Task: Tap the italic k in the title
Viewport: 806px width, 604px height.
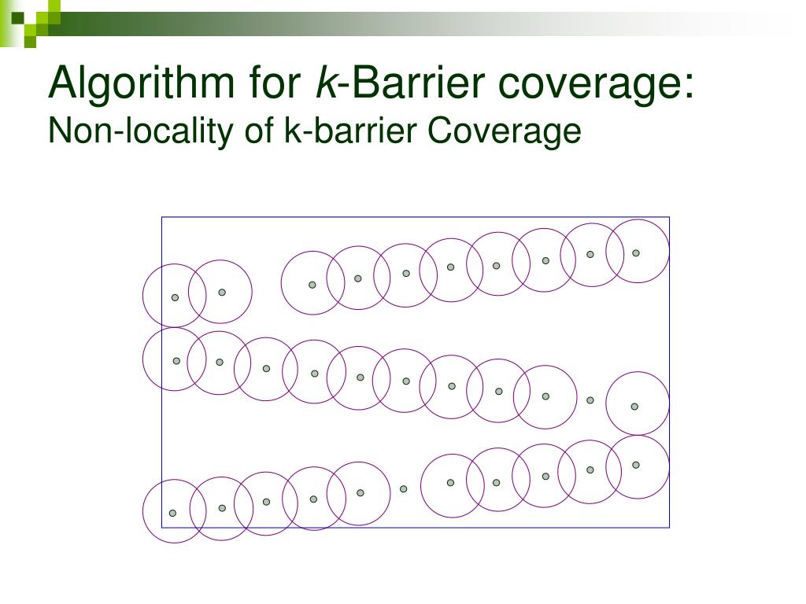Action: [x=324, y=83]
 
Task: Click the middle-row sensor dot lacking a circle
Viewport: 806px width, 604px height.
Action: [x=590, y=400]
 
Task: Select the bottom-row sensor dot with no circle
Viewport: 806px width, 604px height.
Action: [x=404, y=489]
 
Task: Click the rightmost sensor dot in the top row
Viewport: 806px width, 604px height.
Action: [x=636, y=253]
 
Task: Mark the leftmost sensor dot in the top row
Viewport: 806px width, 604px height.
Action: [x=176, y=297]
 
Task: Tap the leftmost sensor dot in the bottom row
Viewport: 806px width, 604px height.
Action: [x=173, y=514]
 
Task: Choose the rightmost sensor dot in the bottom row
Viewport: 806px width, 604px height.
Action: [x=636, y=465]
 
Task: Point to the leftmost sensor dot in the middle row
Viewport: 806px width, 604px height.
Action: [x=176, y=361]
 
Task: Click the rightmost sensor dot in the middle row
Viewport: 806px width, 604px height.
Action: [x=634, y=407]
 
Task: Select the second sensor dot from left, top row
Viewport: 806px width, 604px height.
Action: [x=222, y=292]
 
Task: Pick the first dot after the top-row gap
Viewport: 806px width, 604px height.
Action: [x=312, y=285]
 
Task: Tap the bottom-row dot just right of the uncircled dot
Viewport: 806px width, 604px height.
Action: [x=450, y=483]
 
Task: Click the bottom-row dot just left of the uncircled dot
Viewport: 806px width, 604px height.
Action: [x=360, y=493]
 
